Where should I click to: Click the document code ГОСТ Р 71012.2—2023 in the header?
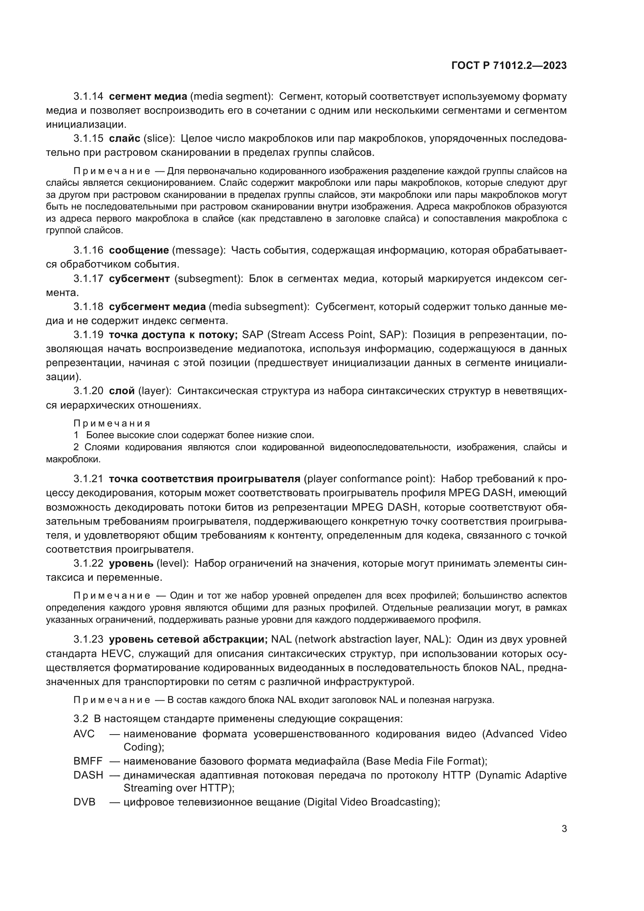(509, 66)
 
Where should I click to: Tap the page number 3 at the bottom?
(564, 828)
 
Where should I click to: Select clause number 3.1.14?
(88, 97)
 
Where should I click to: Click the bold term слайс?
(125, 139)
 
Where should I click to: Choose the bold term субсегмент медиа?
(157, 307)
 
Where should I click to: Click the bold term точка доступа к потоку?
(173, 335)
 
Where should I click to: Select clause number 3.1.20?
(88, 391)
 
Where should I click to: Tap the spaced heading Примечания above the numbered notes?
(112, 423)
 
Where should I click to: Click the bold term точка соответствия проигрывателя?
(204, 479)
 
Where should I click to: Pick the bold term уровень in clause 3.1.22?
(131, 564)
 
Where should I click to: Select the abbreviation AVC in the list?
(84, 734)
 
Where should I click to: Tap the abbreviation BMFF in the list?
(88, 761)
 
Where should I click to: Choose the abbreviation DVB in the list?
(84, 802)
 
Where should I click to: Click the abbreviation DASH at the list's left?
(88, 775)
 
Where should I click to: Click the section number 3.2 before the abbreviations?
(81, 719)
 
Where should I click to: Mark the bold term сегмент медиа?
(148, 97)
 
